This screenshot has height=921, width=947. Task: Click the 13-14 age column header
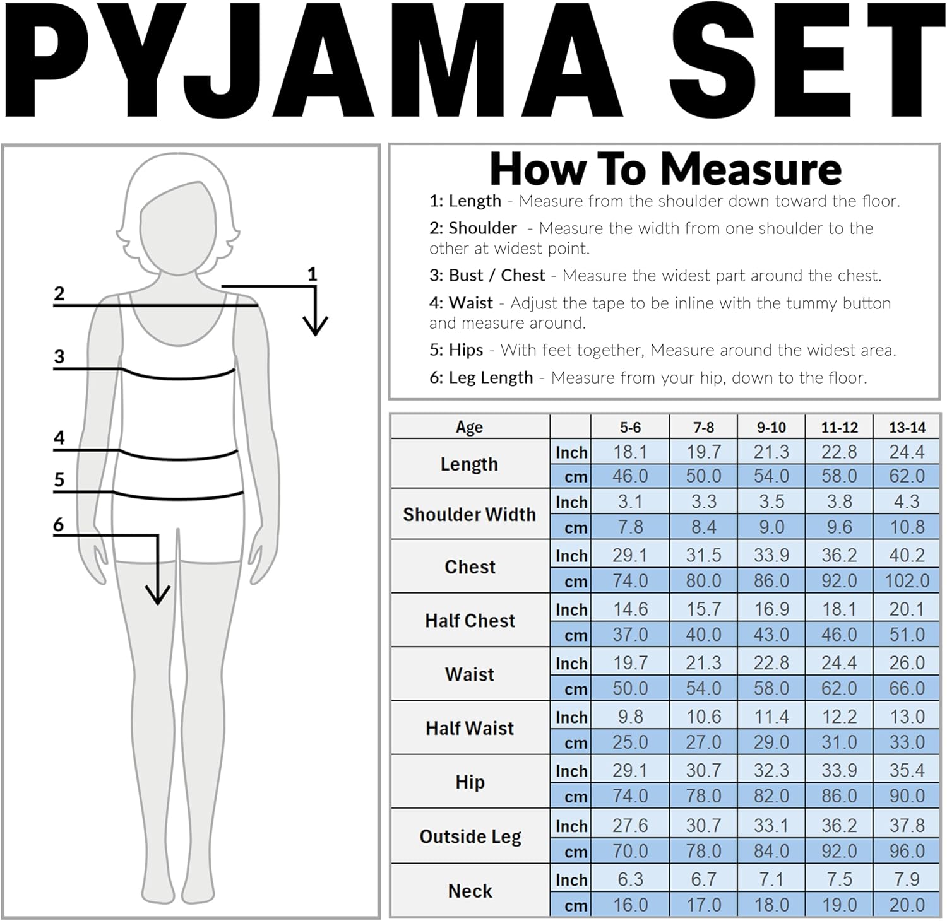pyautogui.click(x=907, y=427)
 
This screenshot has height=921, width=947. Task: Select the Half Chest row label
pyautogui.click(x=470, y=621)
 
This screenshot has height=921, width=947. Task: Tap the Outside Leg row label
pyautogui.click(x=470, y=836)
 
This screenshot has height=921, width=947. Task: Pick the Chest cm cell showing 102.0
pyautogui.click(x=907, y=580)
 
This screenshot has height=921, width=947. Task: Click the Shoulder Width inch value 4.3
pyautogui.click(x=907, y=502)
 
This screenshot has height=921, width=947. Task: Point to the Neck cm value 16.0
pyautogui.click(x=629, y=905)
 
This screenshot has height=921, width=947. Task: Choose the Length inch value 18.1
pyautogui.click(x=629, y=452)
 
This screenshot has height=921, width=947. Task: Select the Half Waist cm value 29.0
pyautogui.click(x=771, y=742)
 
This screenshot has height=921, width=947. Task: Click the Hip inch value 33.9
pyautogui.click(x=839, y=770)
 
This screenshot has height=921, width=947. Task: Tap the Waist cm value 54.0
pyautogui.click(x=703, y=688)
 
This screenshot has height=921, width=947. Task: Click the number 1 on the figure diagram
pyautogui.click(x=312, y=274)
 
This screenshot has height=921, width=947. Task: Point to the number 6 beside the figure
pyautogui.click(x=59, y=524)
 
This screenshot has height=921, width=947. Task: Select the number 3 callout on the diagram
pyautogui.click(x=59, y=356)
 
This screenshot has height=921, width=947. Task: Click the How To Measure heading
pyautogui.click(x=665, y=169)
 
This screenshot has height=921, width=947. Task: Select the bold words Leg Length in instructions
pyautogui.click(x=491, y=378)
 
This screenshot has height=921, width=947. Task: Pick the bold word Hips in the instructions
pyautogui.click(x=465, y=350)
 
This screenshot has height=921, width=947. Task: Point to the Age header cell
pyautogui.click(x=469, y=427)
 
